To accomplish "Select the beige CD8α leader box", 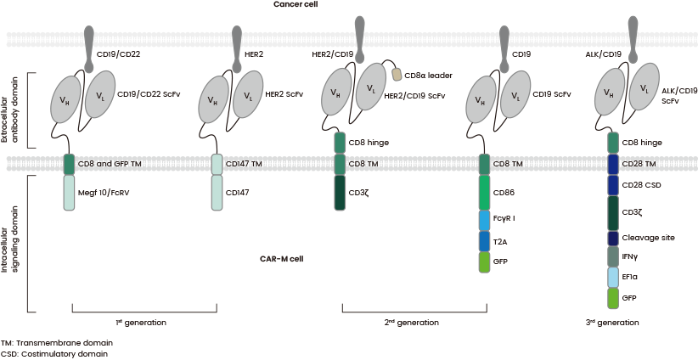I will coord(397,75).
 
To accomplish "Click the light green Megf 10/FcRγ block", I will coord(70,193).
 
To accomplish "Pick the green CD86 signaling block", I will coord(485,193).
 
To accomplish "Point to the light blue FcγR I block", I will coord(485,219).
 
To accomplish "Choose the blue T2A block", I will coord(485,240).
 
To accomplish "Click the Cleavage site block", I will coord(614,239).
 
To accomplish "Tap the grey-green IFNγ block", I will coord(614,256).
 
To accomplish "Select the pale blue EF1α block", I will coord(614,277).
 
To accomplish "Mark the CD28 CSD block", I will coord(614,184).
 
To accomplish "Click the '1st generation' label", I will coord(141,323).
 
